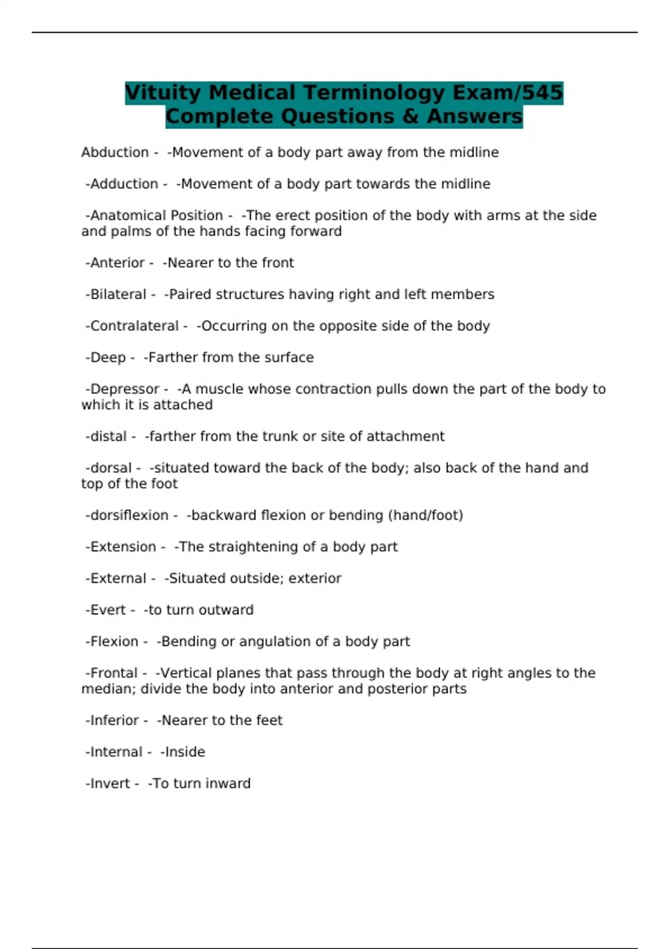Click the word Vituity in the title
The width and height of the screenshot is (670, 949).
coord(162,93)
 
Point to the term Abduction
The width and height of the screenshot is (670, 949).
coord(114,152)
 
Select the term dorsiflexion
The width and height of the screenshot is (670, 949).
coord(129,515)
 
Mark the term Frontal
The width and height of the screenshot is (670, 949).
coord(113,673)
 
